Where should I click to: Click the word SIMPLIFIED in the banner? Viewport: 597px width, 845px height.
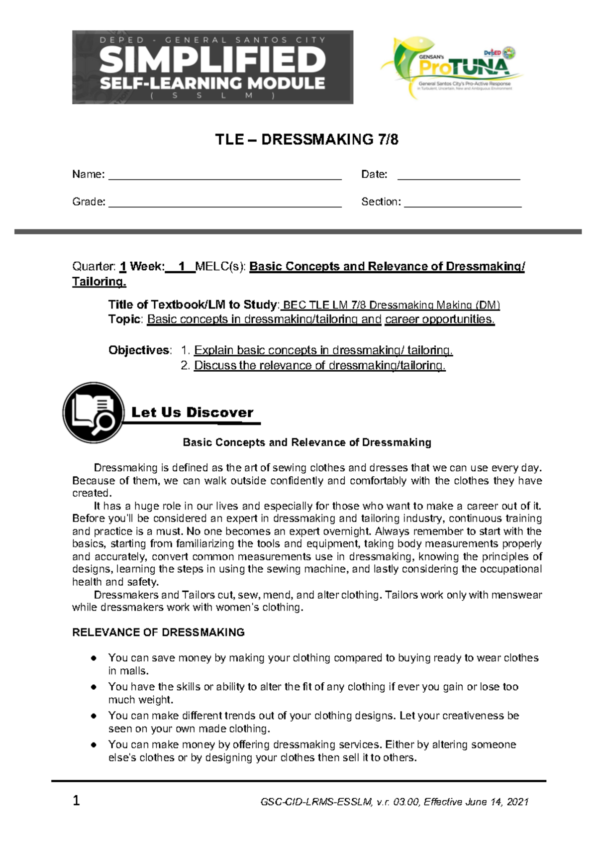pyautogui.click(x=212, y=60)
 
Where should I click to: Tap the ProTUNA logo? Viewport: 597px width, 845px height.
pyautogui.click(x=451, y=67)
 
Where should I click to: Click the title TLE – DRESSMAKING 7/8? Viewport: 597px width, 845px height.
pyautogui.click(x=306, y=139)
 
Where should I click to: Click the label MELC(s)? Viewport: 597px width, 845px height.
pyautogui.click(x=221, y=267)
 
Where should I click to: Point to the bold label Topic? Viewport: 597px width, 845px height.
pyautogui.click(x=125, y=319)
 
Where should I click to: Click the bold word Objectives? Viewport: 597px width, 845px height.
pyautogui.click(x=139, y=350)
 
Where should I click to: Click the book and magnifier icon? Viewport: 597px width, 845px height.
pyautogui.click(x=93, y=413)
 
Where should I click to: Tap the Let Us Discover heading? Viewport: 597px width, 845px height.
pyautogui.click(x=192, y=413)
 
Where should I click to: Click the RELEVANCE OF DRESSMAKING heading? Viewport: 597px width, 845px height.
pyautogui.click(x=158, y=633)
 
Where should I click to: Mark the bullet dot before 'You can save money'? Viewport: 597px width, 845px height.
pyautogui.click(x=94, y=658)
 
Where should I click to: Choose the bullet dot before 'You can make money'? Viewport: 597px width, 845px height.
pyautogui.click(x=94, y=745)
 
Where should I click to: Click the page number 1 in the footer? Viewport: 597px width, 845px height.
pyautogui.click(x=76, y=801)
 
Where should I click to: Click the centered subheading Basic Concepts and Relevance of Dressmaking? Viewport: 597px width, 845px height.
pyautogui.click(x=307, y=442)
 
